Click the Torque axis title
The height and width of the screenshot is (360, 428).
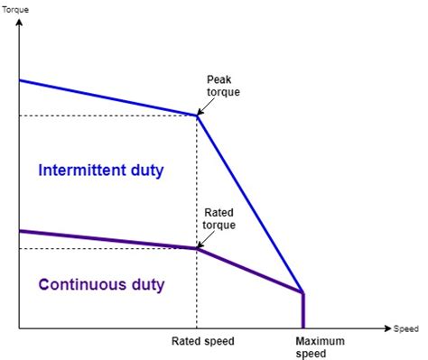point(15,8)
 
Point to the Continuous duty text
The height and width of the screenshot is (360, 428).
point(101,285)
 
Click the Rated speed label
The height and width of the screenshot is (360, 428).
point(202,342)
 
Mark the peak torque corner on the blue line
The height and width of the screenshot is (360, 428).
point(197,115)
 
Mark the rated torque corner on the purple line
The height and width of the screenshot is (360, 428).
point(197,248)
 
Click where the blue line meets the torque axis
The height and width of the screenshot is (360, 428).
point(19,80)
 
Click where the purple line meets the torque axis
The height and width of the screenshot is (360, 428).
point(19,231)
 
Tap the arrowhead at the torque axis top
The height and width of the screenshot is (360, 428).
point(19,19)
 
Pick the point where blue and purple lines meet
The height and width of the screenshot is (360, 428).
point(302,292)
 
